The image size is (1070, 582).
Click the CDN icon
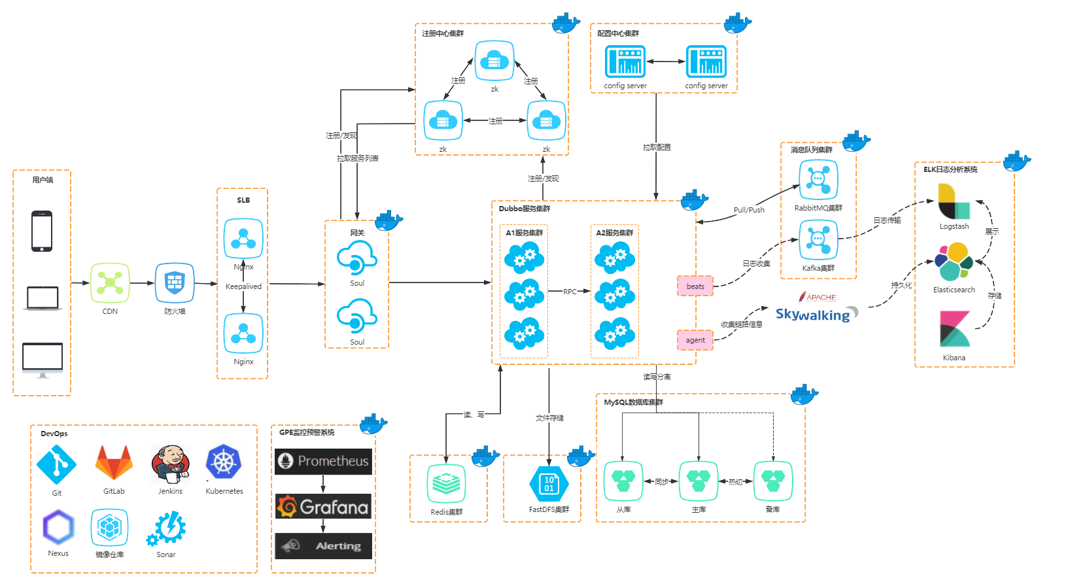tap(110, 282)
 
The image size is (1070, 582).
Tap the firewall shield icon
tap(175, 282)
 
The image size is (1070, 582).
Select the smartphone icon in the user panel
tap(42, 231)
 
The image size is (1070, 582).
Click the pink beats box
tap(695, 286)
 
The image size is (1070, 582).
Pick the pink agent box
tap(695, 340)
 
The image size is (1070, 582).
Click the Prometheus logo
tap(323, 461)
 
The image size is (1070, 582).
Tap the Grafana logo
tap(323, 507)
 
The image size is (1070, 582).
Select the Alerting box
tap(323, 546)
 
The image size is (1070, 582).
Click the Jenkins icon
tap(170, 464)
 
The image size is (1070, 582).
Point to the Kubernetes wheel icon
tap(224, 462)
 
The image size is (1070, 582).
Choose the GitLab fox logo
tap(114, 463)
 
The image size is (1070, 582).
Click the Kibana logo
tap(954, 329)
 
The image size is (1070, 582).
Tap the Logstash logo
tap(954, 202)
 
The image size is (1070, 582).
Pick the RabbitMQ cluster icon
tap(818, 179)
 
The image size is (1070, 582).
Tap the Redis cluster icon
tap(446, 484)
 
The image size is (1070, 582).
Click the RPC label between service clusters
tap(570, 292)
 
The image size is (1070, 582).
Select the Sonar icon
tap(167, 529)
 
